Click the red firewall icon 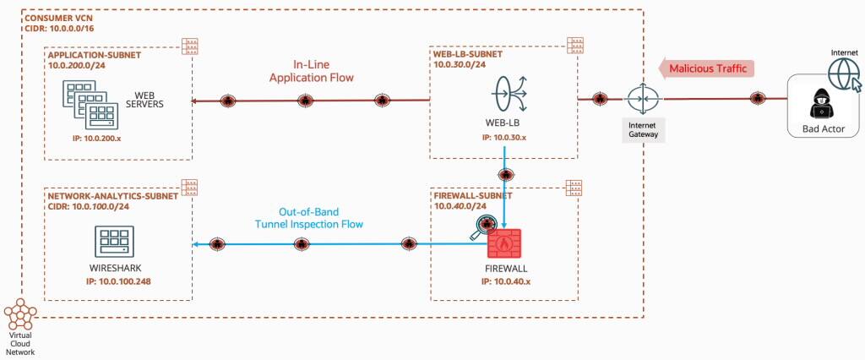(x=506, y=243)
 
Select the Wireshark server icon (x=114, y=242)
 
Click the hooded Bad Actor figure (x=822, y=103)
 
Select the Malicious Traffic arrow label (x=707, y=68)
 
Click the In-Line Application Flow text (x=311, y=71)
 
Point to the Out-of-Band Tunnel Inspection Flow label (x=308, y=218)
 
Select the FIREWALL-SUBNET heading (x=474, y=196)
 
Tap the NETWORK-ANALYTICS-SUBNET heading (x=112, y=196)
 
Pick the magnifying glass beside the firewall (x=481, y=228)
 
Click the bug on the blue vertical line (x=504, y=175)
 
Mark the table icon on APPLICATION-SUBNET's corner (x=190, y=46)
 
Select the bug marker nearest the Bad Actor (x=758, y=99)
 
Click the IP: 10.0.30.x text (x=503, y=137)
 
